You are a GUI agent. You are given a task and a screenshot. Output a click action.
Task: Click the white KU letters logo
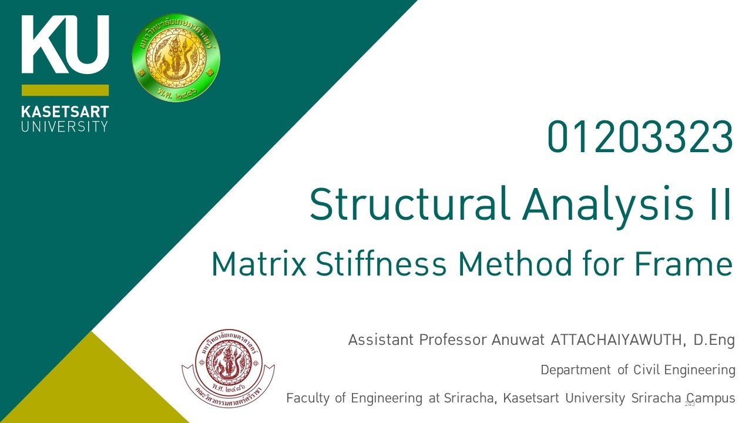pos(65,45)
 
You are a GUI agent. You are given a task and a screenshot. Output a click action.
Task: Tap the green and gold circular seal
pos(176,58)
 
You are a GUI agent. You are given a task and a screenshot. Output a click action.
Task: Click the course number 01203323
pos(640,137)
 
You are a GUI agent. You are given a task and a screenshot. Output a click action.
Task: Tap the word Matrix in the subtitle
pos(259,264)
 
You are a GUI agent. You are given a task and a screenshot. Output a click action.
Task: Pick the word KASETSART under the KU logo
pos(65,112)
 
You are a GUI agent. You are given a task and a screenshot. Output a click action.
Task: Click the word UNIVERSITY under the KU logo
pos(65,126)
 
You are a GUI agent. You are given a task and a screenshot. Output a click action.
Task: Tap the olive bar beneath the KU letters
pos(65,90)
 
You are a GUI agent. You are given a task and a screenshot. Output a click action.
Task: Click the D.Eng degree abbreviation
pos(714,340)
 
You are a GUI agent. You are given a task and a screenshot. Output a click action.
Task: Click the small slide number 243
pos(690,404)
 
